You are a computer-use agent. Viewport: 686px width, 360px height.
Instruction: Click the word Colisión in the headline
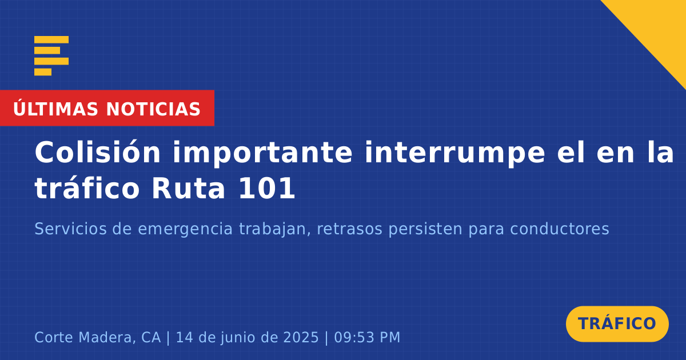click(97, 152)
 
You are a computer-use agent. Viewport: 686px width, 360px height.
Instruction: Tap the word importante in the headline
click(262, 154)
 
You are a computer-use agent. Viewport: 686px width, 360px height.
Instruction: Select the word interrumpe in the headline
click(455, 154)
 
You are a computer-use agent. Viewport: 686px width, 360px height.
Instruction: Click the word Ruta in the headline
click(188, 189)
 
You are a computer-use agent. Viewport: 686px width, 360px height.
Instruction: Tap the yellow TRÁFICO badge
click(617, 324)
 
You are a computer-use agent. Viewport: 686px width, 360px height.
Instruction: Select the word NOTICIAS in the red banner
click(153, 109)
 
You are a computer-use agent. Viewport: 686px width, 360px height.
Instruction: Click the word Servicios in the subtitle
click(70, 229)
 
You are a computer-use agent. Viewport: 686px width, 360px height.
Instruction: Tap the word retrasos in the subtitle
click(349, 229)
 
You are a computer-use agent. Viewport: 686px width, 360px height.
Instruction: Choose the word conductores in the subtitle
click(560, 229)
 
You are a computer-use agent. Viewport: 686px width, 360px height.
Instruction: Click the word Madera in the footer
click(107, 337)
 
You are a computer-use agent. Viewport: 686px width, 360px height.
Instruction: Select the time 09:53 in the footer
click(353, 337)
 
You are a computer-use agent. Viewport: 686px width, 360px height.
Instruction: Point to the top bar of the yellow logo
click(51, 39)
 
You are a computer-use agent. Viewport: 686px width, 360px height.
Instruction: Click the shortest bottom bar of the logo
click(43, 72)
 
